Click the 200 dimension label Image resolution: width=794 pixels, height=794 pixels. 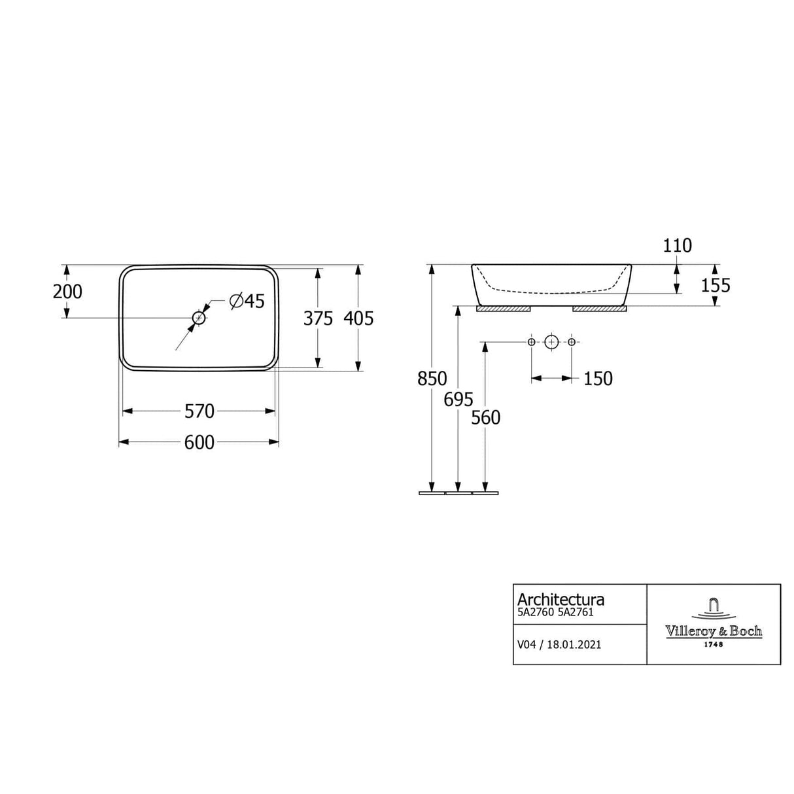[x=67, y=291]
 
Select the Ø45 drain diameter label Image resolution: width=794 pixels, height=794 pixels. [x=247, y=301]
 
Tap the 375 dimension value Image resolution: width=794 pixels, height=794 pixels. [x=318, y=318]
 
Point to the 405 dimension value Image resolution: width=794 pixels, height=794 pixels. [x=358, y=318]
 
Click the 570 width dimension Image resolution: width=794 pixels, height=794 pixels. [x=199, y=411]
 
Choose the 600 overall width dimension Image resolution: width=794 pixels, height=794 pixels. [x=199, y=442]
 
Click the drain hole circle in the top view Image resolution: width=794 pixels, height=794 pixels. [x=199, y=318]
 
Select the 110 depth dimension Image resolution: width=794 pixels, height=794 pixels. [x=677, y=245]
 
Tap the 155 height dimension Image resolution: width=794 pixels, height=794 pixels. [x=715, y=285]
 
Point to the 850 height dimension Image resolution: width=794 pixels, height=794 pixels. [x=432, y=378]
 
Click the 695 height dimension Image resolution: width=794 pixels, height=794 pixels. [x=458, y=399]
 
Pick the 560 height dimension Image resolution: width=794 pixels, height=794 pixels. [x=485, y=417]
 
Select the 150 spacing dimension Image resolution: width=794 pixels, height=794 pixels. [x=598, y=378]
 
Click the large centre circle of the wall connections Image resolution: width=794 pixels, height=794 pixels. [x=551, y=341]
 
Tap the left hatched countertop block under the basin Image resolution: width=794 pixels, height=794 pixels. [x=503, y=309]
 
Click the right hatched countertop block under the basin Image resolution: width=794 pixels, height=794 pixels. [x=599, y=309]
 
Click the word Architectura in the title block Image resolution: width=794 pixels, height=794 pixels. [x=561, y=599]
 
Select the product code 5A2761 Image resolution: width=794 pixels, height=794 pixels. [x=576, y=613]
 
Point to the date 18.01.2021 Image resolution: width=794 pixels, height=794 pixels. [x=574, y=644]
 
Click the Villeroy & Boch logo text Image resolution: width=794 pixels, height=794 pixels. [x=714, y=631]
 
